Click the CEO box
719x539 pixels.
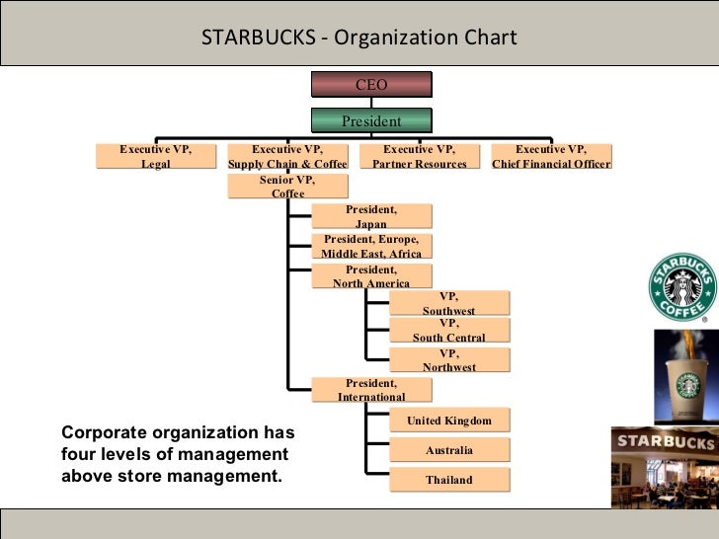371,86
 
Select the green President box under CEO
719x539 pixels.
371,120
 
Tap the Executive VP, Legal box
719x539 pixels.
156,156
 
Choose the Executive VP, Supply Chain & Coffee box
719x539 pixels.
287,156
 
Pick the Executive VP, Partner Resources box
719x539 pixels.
419,156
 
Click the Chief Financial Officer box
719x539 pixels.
551,156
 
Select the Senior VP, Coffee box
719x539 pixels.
287,187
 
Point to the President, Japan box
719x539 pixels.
371,217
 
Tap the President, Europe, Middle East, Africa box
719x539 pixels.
371,246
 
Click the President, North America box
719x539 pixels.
371,275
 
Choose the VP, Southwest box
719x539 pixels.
449,303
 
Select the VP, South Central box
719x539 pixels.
449,331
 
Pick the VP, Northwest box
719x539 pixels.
449,359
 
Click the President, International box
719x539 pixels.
371,389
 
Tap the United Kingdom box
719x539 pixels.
449,421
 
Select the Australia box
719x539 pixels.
449,450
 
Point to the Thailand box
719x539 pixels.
449,480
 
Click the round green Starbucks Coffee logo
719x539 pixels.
680,288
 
